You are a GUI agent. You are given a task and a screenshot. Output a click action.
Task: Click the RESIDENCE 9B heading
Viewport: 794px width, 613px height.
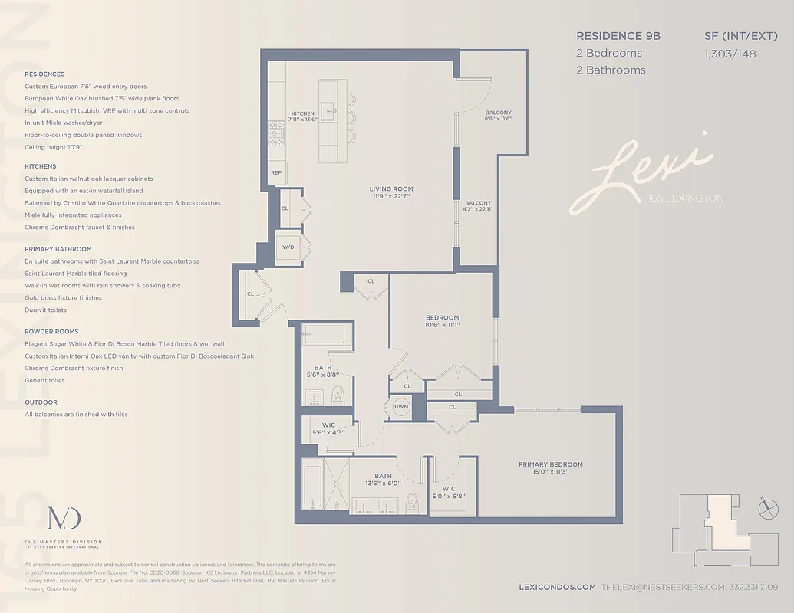click(618, 36)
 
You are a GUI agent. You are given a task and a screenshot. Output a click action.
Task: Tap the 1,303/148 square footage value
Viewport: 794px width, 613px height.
click(728, 53)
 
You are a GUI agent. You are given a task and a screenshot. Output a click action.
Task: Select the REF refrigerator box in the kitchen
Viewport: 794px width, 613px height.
click(276, 173)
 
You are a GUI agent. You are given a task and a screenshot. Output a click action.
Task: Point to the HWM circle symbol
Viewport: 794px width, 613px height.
click(401, 407)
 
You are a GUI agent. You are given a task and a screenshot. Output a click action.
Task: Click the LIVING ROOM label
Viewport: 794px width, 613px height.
click(391, 188)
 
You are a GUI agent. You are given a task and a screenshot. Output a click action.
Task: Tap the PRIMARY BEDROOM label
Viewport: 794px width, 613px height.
click(550, 464)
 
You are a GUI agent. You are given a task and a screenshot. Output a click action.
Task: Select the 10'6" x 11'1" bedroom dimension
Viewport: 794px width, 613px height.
click(442, 325)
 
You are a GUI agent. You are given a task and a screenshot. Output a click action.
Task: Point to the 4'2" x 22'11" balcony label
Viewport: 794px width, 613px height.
click(476, 208)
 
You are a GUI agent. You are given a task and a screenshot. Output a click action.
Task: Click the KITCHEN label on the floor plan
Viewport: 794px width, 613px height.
click(302, 113)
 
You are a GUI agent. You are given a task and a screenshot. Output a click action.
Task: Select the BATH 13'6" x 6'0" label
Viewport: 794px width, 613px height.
click(383, 480)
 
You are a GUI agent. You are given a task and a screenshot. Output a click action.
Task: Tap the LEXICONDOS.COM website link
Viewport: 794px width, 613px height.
click(557, 587)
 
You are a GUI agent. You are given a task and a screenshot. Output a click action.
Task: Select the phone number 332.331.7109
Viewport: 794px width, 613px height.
click(755, 587)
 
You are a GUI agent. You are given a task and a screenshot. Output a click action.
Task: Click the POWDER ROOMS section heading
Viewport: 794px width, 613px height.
click(51, 332)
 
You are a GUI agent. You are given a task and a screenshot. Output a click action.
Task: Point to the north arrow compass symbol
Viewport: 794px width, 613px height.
click(763, 506)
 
